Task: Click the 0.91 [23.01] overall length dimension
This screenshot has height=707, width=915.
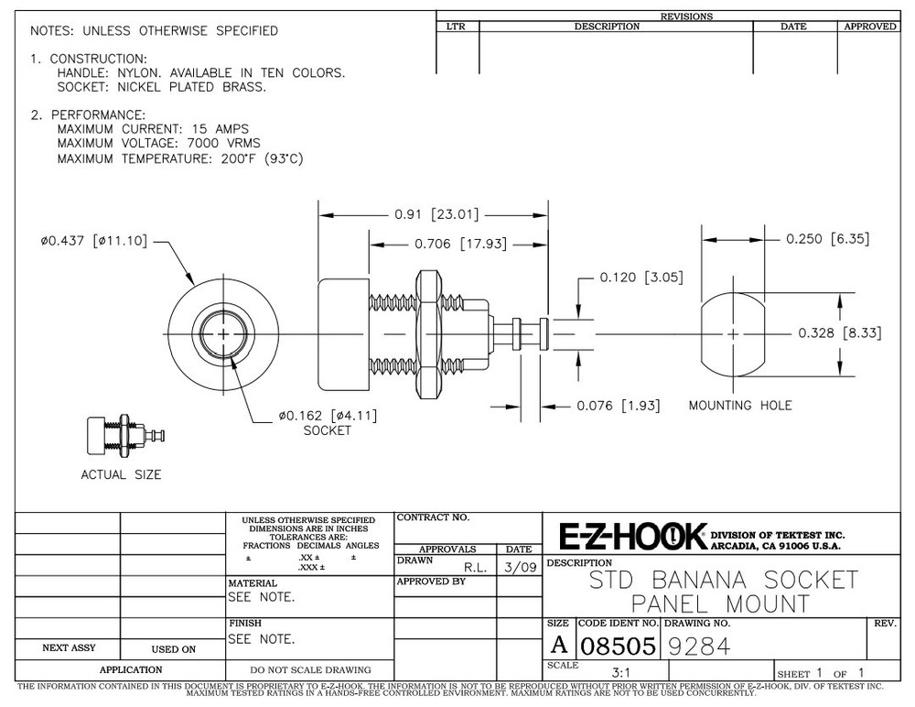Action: [x=436, y=214]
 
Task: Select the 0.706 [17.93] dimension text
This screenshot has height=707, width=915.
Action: [x=461, y=244]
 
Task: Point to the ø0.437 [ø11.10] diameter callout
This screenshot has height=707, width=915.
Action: [x=94, y=241]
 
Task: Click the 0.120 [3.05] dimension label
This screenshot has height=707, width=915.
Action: [x=641, y=277]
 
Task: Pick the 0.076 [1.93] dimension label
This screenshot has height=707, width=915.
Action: [x=619, y=406]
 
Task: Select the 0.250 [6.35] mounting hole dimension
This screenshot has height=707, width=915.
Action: [x=827, y=238]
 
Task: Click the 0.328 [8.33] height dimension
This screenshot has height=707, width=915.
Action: [x=840, y=333]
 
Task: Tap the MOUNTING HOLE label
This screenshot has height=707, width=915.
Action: [x=740, y=406]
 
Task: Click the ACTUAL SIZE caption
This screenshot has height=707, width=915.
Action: [x=122, y=474]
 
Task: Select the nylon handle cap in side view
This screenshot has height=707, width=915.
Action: [x=344, y=334]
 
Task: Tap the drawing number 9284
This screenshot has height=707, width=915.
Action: [x=699, y=647]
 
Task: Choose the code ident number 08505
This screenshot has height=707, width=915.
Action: [x=619, y=647]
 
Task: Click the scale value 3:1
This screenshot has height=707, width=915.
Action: [x=621, y=672]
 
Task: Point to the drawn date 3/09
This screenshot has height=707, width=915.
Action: [x=521, y=568]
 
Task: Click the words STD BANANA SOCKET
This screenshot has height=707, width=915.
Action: [x=724, y=580]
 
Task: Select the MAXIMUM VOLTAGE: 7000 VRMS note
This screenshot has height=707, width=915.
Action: [x=158, y=143]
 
